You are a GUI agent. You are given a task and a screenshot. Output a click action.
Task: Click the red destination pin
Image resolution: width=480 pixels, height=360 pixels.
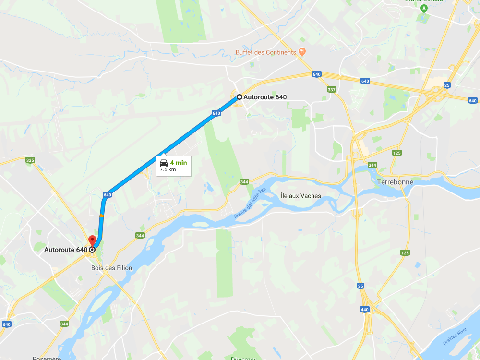92,240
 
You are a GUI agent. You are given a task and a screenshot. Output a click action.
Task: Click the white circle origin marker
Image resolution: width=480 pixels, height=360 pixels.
239,97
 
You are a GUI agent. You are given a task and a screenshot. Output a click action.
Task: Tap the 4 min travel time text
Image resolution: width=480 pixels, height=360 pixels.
178,163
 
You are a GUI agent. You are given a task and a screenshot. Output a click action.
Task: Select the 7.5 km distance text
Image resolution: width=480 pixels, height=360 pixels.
168,169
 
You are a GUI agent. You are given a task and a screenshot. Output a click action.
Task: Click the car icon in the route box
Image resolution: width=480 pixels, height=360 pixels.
164,163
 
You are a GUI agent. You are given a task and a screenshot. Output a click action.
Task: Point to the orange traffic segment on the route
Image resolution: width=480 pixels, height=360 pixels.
101,216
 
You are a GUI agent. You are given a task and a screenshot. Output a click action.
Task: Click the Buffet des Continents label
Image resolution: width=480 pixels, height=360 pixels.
265,52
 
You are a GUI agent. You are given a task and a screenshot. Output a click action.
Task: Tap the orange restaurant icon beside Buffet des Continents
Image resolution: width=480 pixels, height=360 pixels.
301,52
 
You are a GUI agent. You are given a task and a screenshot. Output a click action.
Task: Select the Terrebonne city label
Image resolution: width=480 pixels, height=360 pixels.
395,182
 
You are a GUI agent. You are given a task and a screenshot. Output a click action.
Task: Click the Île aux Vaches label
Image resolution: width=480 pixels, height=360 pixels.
300,196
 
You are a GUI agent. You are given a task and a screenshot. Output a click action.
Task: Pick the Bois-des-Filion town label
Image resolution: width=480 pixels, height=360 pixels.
111,268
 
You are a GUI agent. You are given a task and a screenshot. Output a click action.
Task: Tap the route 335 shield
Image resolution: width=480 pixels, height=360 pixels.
30,160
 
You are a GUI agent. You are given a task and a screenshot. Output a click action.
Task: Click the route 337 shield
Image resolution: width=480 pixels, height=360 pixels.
332,90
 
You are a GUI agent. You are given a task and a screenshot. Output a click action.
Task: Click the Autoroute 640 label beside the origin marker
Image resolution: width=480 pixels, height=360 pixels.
265,97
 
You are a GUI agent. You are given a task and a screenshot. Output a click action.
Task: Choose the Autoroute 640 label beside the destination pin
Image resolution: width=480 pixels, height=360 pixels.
66,250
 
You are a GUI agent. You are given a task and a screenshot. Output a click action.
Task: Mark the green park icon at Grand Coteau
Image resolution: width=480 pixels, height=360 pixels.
424,9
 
